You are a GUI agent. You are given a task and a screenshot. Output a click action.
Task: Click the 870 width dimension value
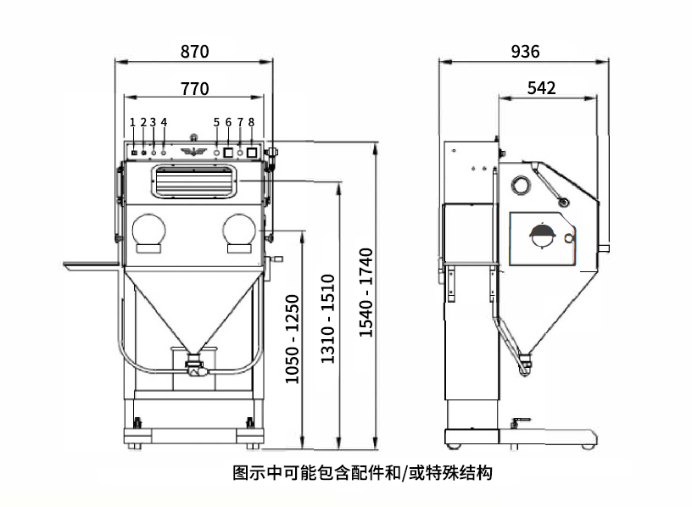point(194,51)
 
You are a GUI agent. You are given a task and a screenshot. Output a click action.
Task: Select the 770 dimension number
point(194,87)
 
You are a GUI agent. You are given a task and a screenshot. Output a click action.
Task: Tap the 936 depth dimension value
point(525,52)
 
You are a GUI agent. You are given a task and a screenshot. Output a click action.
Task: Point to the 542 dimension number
point(541,88)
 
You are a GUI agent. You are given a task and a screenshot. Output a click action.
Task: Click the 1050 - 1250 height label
point(292,339)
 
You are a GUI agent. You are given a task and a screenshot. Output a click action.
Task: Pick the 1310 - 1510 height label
point(327,319)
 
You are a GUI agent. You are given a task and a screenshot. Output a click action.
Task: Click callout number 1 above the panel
point(133,122)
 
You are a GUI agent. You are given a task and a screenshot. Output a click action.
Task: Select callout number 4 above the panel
point(164,122)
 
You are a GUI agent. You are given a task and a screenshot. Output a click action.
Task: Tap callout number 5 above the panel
point(217,122)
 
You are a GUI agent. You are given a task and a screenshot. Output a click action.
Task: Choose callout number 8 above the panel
point(251,122)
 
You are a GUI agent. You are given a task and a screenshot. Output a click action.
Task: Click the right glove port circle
point(239,231)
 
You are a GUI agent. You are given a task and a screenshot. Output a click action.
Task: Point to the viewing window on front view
point(193,181)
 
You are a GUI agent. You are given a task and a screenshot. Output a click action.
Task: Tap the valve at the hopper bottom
point(193,368)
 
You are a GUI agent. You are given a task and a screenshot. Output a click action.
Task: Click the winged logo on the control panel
point(193,152)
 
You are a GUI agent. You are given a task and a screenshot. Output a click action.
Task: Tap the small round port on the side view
point(519,186)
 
